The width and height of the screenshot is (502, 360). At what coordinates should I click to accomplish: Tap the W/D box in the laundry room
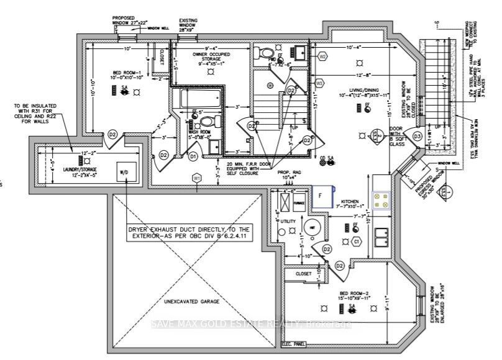coord(126,172)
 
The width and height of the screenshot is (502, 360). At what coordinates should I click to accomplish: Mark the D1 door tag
coord(193,155)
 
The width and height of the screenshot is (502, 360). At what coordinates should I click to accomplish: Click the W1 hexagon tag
coord(197,178)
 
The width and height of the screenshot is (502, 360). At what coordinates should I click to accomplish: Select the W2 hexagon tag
coord(322,56)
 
